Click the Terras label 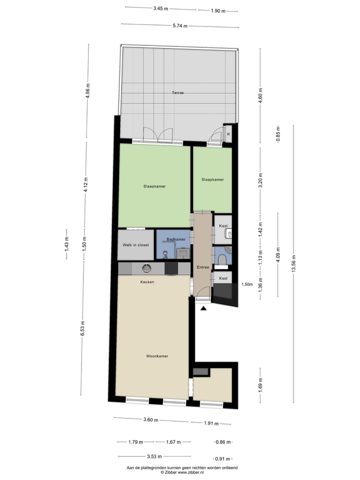click(x=177, y=93)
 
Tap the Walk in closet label click(x=135, y=245)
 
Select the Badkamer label click(x=176, y=239)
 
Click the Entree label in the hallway click(x=203, y=267)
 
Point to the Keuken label click(x=147, y=282)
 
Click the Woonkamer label click(x=157, y=356)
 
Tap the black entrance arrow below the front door click(x=203, y=308)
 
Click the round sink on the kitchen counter click(x=147, y=268)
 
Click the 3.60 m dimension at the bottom click(x=150, y=420)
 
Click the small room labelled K click(x=228, y=134)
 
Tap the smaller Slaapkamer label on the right click(x=212, y=179)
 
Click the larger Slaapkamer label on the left click(x=154, y=186)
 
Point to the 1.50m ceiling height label click(x=247, y=284)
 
